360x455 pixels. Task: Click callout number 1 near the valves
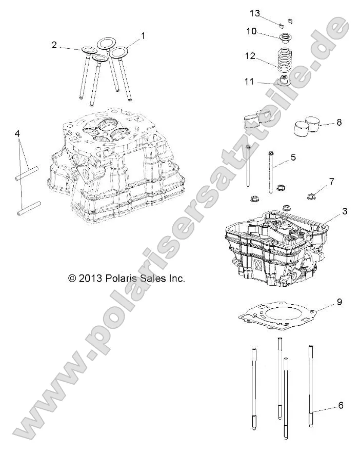[x=143, y=36]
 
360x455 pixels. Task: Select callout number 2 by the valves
[x=54, y=45]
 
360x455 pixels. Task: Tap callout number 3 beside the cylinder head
[x=345, y=211]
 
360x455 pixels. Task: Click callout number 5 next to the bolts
[x=293, y=157]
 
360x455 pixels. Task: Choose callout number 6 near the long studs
[x=341, y=405]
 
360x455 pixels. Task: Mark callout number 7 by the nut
[x=331, y=182]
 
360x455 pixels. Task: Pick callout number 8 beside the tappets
[x=338, y=123]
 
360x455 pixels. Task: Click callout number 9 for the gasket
[x=339, y=302]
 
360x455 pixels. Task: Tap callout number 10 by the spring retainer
[x=251, y=31]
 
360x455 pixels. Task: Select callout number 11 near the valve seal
[x=249, y=82]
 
